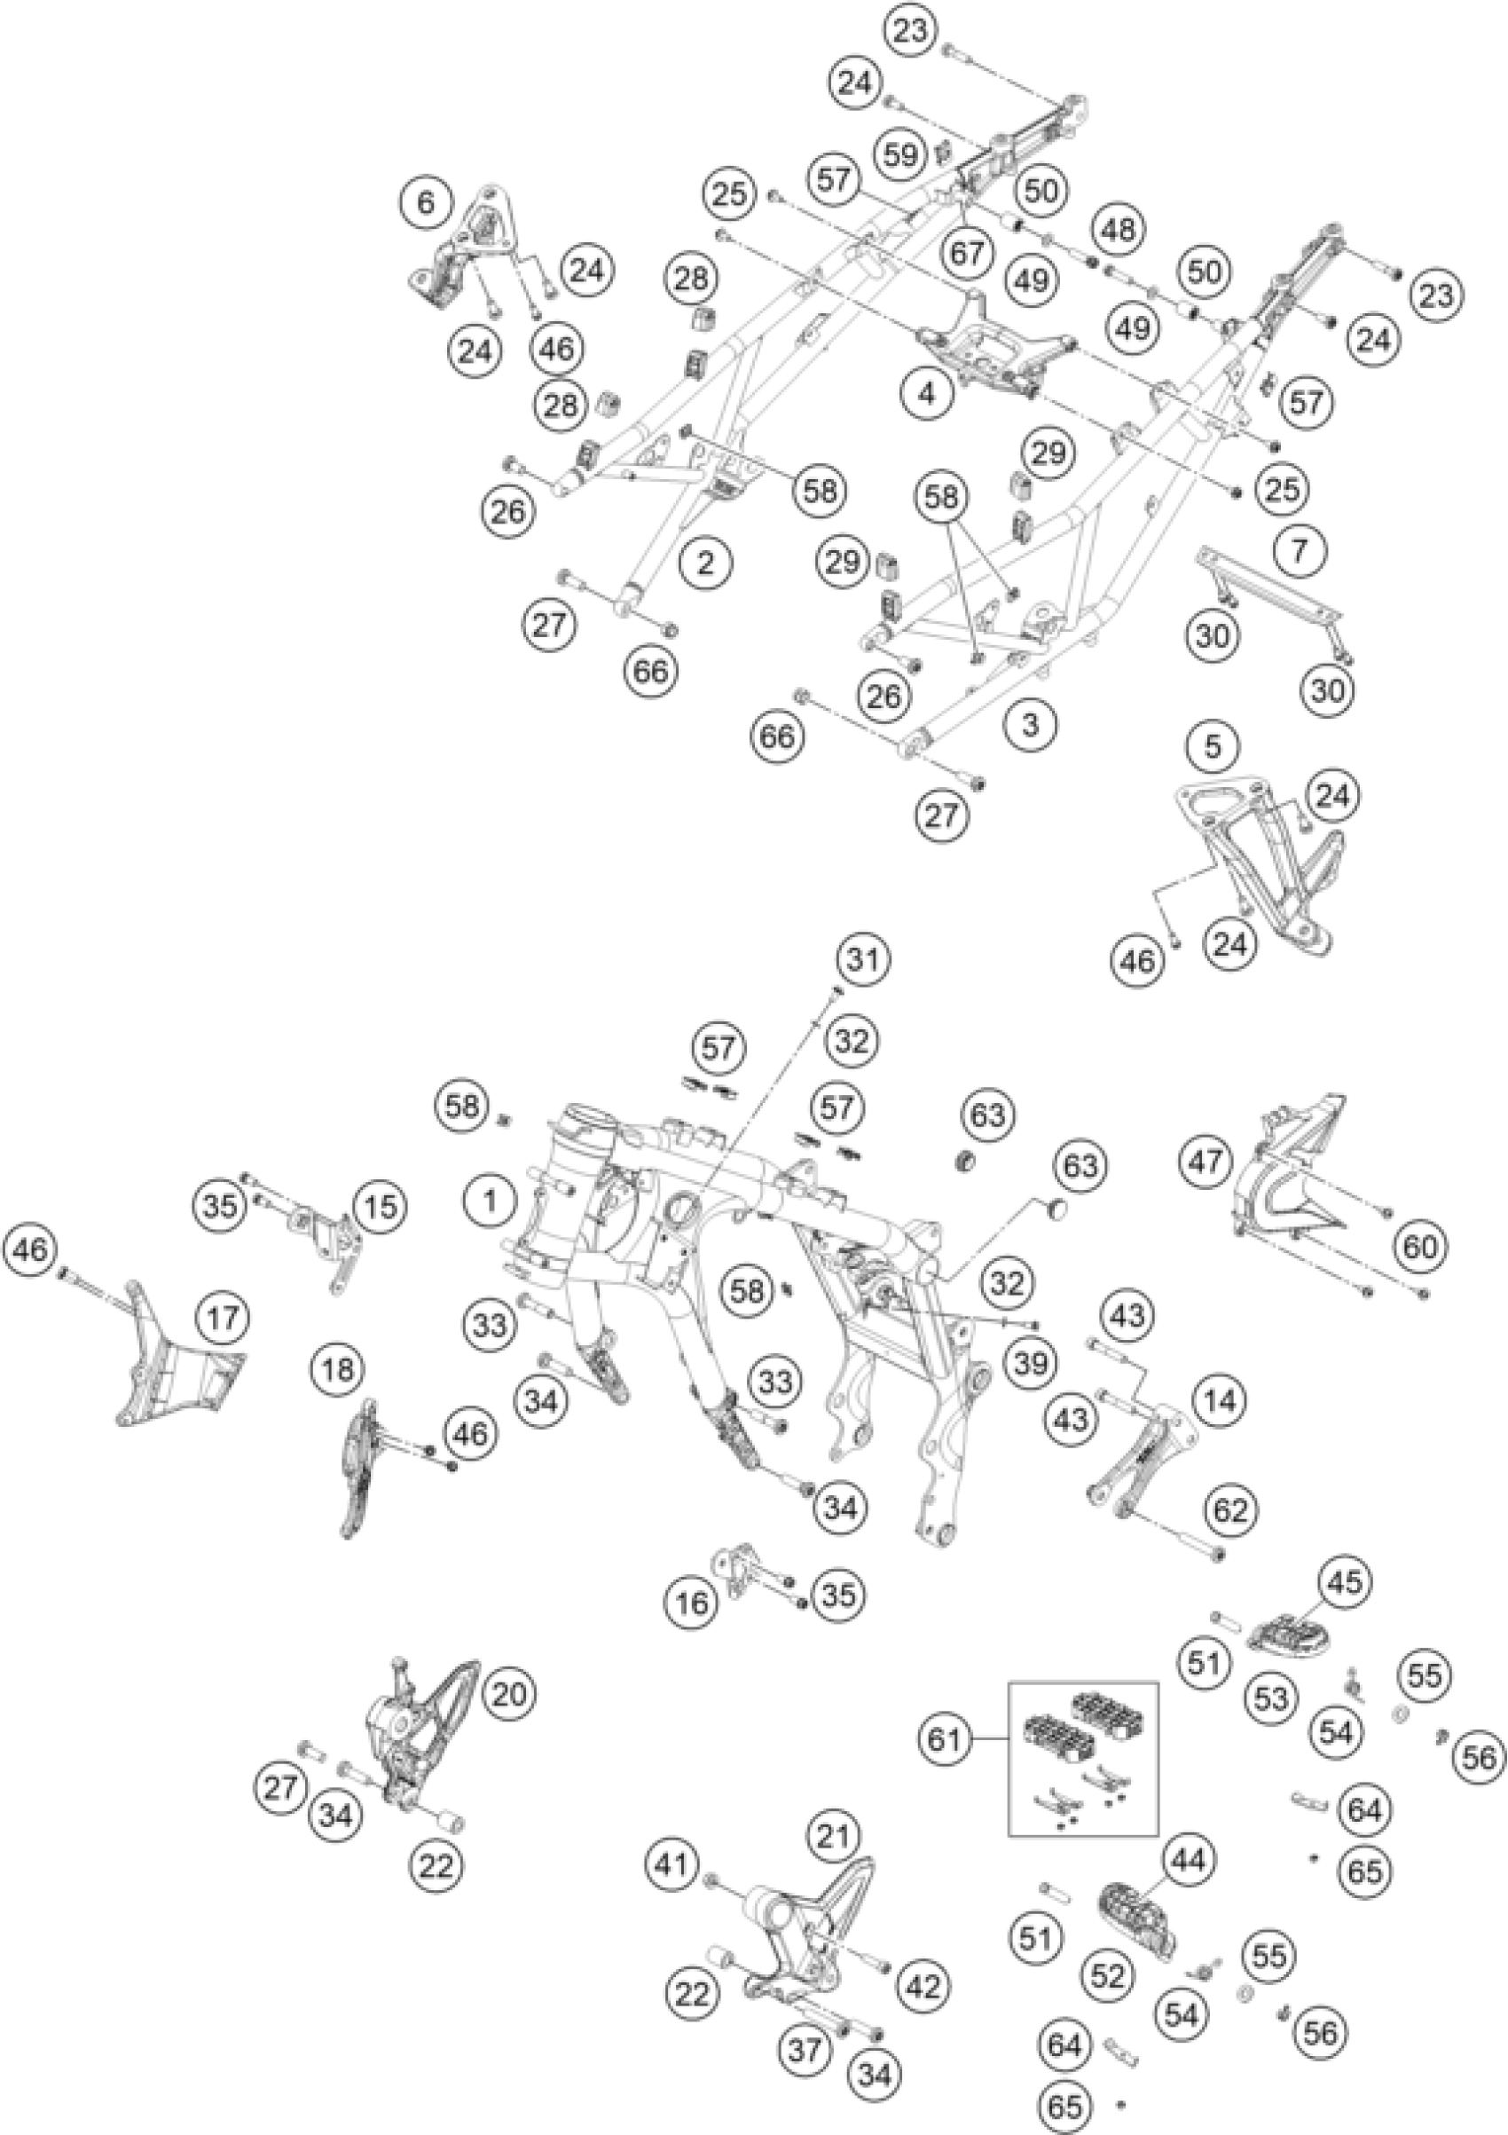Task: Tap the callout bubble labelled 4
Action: [x=926, y=394]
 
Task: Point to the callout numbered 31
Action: [x=864, y=958]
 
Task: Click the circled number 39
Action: [x=1031, y=1363]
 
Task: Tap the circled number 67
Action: [x=968, y=254]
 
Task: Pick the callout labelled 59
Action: [x=900, y=154]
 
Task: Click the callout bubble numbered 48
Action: [x=1119, y=229]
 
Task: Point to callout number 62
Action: [x=1229, y=1509]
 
